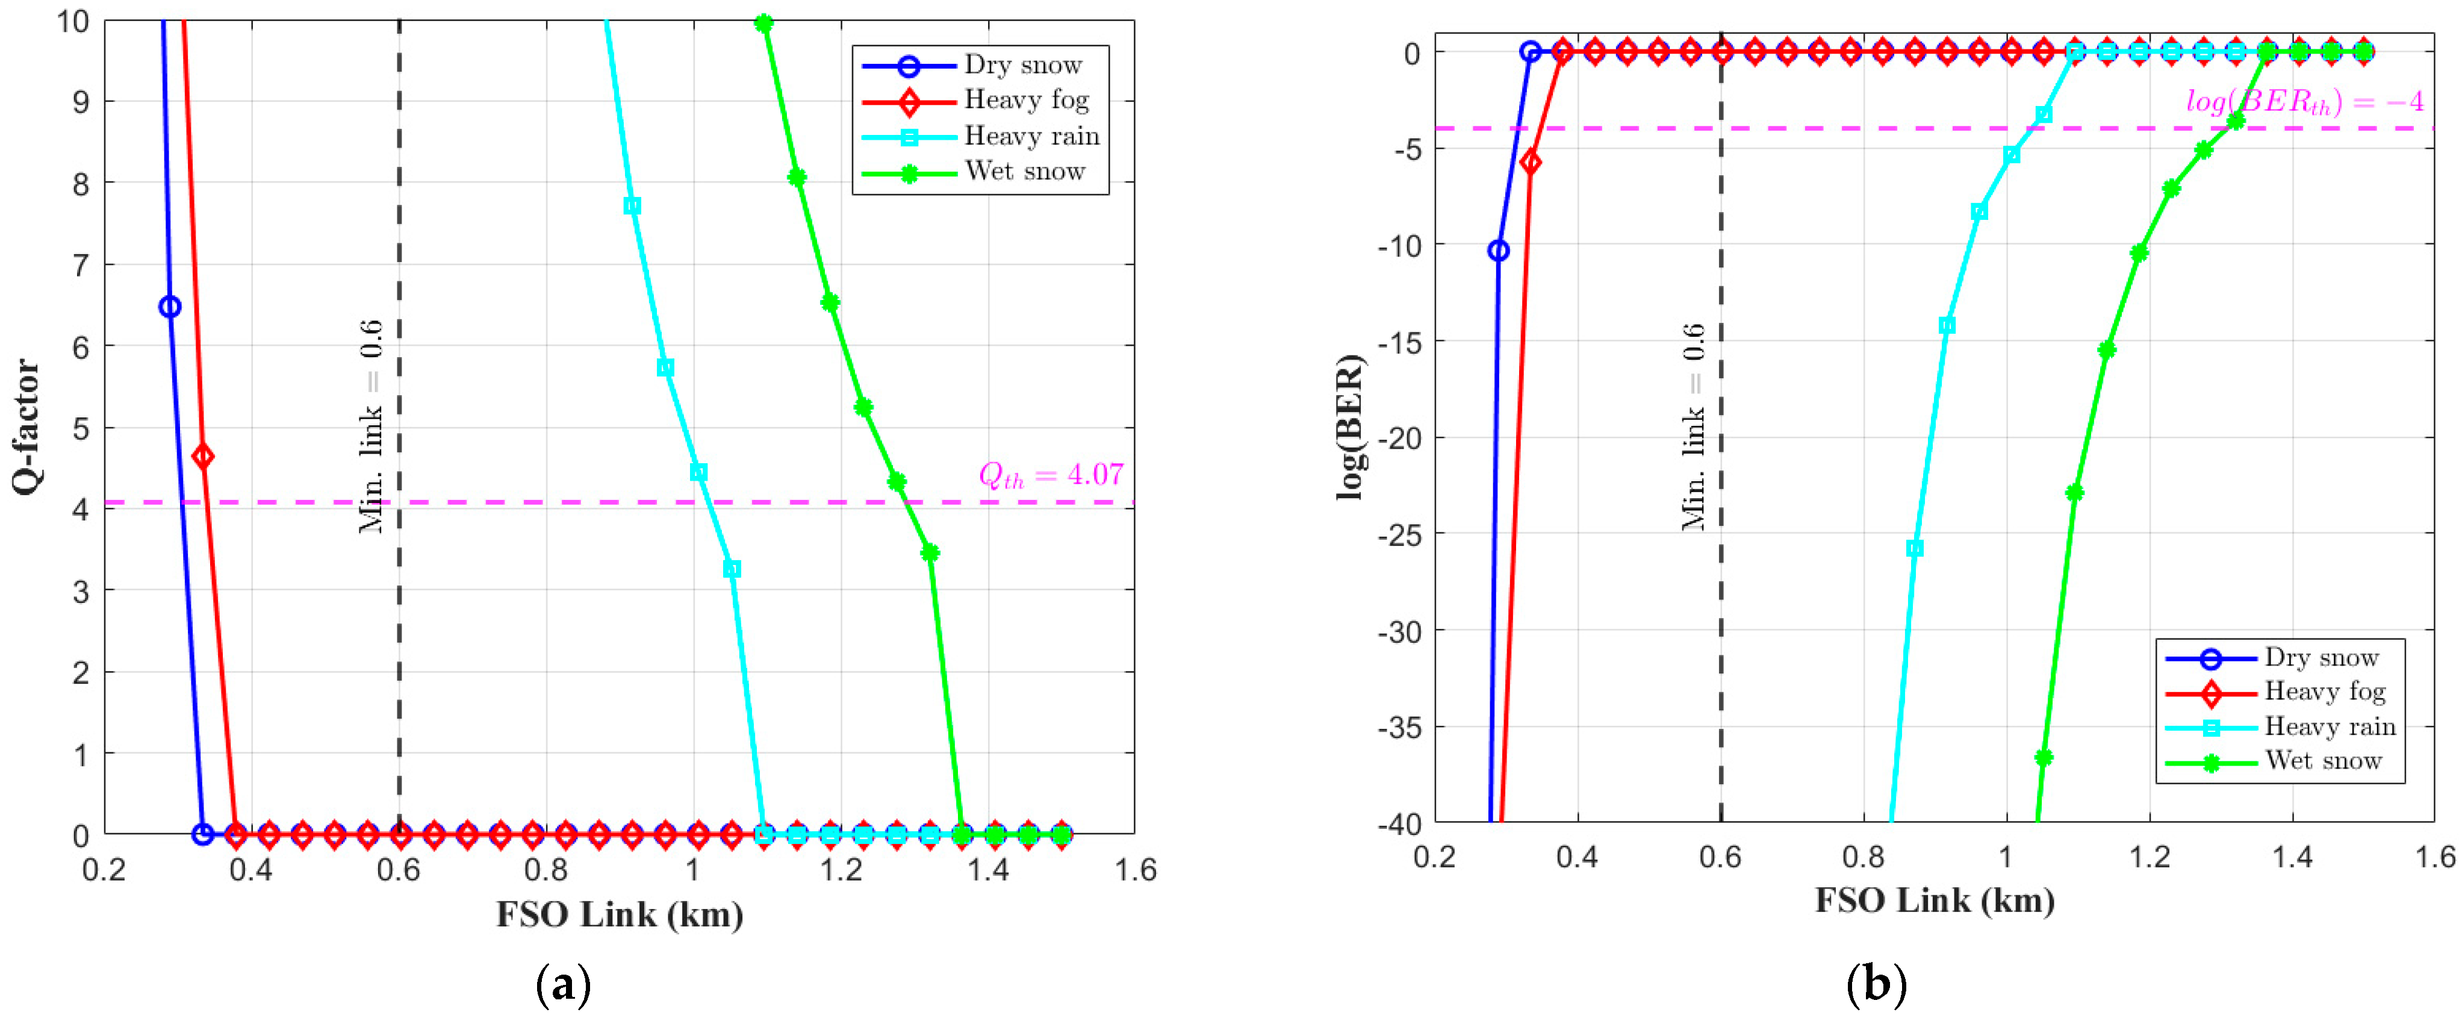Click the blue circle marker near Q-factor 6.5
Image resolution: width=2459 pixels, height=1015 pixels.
point(170,307)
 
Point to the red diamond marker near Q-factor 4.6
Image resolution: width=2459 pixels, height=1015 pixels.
point(202,457)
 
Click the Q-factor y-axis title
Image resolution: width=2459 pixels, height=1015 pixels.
point(26,427)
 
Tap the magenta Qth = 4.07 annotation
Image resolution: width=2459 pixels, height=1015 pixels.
point(1050,475)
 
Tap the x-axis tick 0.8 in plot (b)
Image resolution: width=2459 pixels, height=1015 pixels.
point(1864,857)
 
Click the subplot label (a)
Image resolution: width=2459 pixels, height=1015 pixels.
point(564,984)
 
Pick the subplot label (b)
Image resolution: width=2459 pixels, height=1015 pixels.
point(1877,984)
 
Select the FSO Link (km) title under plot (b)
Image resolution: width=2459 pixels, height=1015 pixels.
point(1934,901)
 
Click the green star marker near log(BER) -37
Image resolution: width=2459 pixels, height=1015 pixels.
point(2043,757)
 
